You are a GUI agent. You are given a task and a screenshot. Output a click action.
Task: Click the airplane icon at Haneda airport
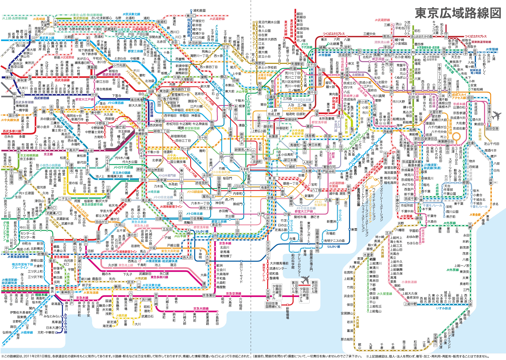305,280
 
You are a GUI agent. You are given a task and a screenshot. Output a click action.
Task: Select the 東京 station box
272,178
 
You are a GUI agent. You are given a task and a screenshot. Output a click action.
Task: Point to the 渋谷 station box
143,180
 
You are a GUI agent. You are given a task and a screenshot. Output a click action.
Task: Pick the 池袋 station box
151,91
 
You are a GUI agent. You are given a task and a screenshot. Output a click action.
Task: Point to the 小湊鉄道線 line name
409,282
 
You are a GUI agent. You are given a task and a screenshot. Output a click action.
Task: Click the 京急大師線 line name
201,309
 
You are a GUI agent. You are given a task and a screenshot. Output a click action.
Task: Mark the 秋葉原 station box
273,136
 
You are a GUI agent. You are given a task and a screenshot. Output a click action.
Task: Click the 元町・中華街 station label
46,332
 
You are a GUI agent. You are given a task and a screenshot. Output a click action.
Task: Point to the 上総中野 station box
410,304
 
